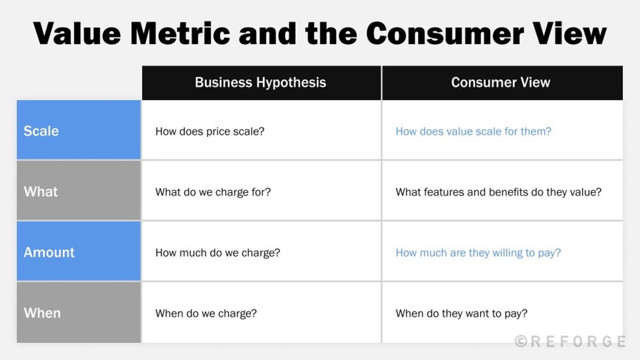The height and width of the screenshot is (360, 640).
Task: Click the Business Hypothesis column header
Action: click(260, 83)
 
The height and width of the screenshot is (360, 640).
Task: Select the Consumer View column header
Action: click(500, 83)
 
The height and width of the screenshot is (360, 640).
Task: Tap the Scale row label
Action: click(41, 131)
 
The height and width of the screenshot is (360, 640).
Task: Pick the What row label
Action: click(41, 192)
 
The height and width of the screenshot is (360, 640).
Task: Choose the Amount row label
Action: click(49, 252)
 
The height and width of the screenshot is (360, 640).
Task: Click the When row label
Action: click(42, 313)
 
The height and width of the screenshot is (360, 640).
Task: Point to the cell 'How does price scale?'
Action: click(210, 131)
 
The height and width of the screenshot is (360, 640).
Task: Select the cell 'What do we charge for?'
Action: click(213, 192)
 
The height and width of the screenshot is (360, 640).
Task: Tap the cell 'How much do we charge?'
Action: click(218, 253)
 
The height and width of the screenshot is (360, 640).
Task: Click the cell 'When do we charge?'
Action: click(206, 314)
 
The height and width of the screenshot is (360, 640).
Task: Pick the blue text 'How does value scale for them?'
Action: click(473, 131)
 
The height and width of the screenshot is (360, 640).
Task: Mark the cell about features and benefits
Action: click(498, 192)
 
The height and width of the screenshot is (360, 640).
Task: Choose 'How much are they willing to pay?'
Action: click(478, 253)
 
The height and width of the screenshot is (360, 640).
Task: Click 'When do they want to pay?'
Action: click(461, 314)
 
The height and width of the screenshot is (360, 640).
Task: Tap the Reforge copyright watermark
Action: click(570, 341)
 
